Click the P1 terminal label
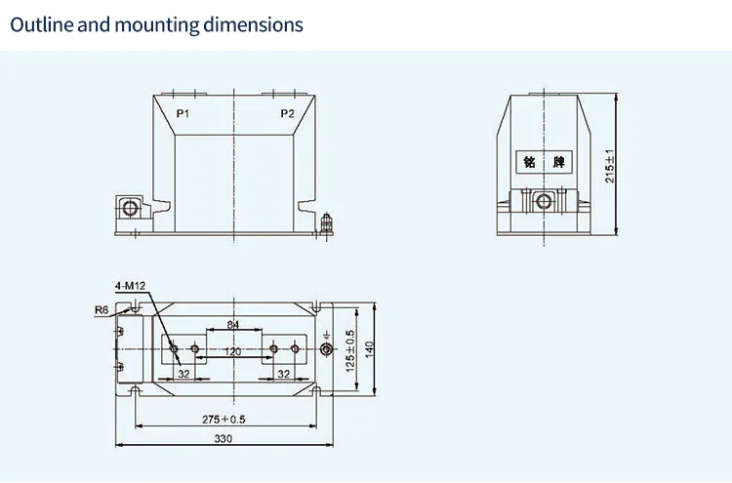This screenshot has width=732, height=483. coord(182,114)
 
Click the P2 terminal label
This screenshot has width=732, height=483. coord(287,114)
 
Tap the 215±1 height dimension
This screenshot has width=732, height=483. coord(610,166)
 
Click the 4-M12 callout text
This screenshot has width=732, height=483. coord(129,286)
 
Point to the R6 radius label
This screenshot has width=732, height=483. coord(102,310)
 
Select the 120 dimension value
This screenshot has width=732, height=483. coord(233,350)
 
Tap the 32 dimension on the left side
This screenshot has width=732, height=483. coord(183,374)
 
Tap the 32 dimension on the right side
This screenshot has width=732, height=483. coord(284,374)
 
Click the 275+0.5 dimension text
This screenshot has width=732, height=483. coord(224,420)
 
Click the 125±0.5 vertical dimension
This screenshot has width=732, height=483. coord(349,348)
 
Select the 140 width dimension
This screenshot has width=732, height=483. coord(370,348)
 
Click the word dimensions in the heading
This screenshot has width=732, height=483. coord(257,24)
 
